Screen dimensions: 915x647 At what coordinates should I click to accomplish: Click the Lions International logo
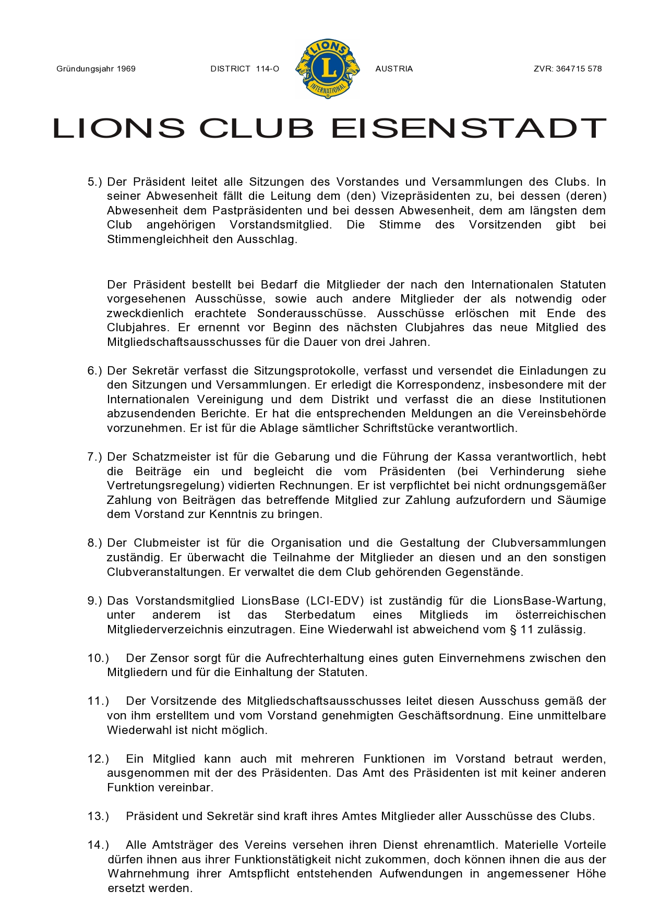328,68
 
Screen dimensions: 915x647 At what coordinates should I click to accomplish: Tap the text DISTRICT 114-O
245,69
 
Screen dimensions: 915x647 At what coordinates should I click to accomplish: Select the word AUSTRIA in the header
394,69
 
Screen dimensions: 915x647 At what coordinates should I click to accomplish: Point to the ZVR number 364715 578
579,69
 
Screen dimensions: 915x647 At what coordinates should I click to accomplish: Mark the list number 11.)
98,701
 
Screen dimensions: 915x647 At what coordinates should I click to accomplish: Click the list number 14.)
98,845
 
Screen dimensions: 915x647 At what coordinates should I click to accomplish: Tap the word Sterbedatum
319,615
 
